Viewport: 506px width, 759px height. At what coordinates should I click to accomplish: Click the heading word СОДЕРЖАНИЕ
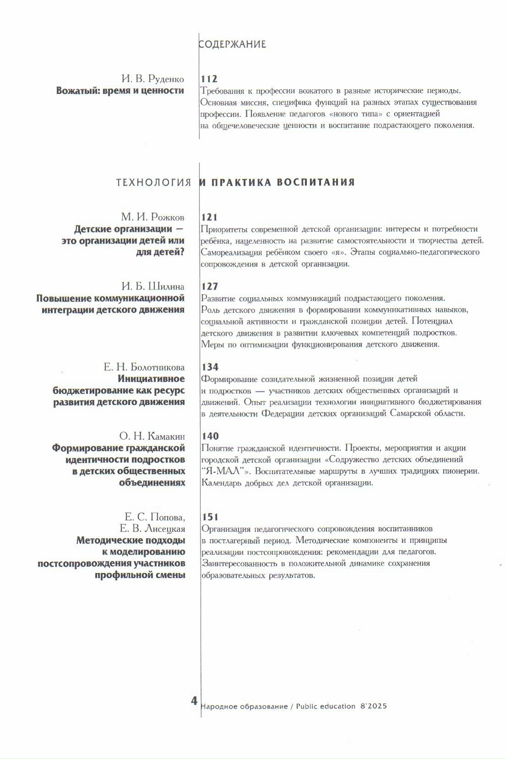pos(232,44)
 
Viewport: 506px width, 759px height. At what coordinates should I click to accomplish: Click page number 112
pos(209,79)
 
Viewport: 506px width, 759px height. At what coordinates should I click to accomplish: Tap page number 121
pos(209,217)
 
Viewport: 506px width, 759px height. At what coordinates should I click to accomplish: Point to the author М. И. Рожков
pos(153,217)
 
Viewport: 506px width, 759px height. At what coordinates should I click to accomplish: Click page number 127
pos(209,286)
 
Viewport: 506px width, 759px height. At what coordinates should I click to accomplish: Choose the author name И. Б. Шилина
pos(153,286)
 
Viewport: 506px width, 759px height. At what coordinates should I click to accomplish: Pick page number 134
pos(210,367)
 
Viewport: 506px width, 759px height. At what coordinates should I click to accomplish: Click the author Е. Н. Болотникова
pos(144,367)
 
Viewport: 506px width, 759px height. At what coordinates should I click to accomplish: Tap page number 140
pos(210,436)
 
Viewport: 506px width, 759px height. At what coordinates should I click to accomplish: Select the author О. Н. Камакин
pos(152,436)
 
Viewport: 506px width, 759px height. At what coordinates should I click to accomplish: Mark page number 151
pos(210,517)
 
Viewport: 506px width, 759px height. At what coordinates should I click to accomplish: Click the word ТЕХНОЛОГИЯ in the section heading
pos(154,182)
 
